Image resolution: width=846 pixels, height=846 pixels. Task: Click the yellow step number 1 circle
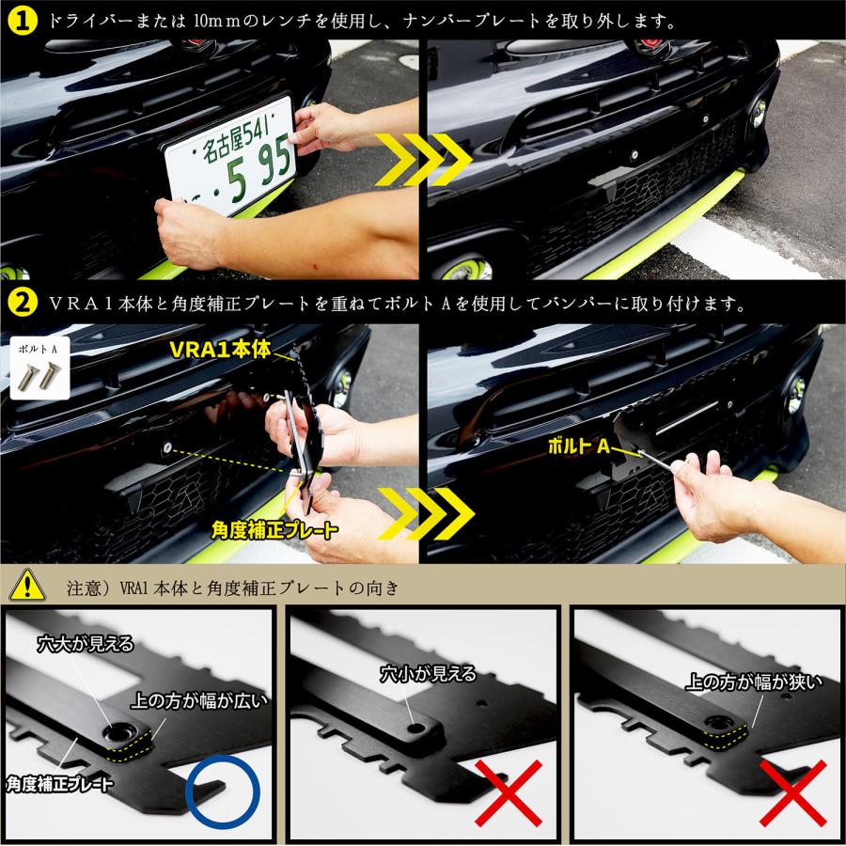click(23, 21)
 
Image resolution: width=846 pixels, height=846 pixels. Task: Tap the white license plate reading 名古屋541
click(231, 156)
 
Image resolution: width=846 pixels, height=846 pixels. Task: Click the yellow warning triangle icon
click(27, 585)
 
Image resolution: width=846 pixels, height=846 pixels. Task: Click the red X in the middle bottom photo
click(509, 793)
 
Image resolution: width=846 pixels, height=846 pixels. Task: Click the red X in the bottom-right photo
click(793, 793)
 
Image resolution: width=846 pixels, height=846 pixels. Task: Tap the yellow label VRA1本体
click(220, 350)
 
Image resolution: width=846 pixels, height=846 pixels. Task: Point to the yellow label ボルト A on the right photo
click(578, 446)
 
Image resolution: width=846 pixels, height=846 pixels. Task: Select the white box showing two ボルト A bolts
click(39, 367)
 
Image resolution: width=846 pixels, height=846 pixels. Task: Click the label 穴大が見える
click(86, 644)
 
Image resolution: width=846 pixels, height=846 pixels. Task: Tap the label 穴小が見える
click(429, 674)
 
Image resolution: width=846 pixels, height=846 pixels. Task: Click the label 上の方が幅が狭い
click(754, 682)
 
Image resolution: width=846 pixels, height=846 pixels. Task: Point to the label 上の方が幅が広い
click(199, 701)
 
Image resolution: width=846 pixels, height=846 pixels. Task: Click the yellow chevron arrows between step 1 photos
click(424, 160)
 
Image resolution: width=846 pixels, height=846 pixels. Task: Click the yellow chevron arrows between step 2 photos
click(426, 513)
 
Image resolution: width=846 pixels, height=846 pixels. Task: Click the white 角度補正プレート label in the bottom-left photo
click(60, 784)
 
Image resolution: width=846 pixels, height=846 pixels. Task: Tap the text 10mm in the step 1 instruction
click(218, 22)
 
